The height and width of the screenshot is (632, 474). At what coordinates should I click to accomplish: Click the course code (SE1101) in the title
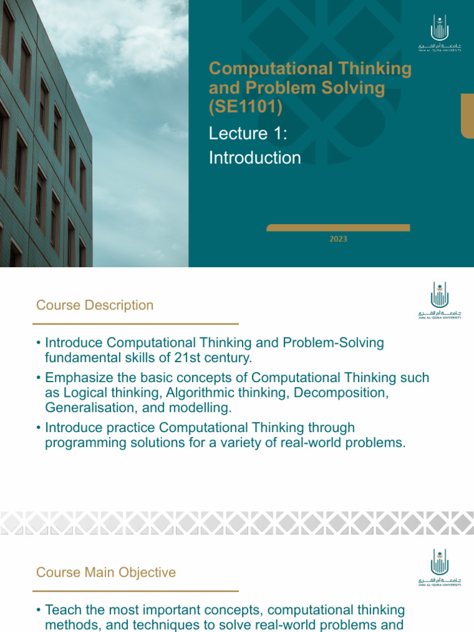tap(246, 107)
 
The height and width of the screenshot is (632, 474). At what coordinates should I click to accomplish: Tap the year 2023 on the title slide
tap(338, 239)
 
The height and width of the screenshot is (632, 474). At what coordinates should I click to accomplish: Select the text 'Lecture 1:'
tap(248, 133)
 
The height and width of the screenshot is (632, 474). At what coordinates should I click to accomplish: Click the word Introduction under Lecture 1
tap(255, 158)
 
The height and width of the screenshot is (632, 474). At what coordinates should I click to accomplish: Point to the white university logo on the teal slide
tap(439, 39)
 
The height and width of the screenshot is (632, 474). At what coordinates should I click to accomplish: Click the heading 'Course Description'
tap(94, 305)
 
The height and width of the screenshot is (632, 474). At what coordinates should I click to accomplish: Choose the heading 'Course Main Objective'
tap(106, 572)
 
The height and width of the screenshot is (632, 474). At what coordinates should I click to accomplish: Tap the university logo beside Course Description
tap(439, 301)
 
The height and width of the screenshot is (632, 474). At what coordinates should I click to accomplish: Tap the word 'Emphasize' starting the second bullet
tap(77, 378)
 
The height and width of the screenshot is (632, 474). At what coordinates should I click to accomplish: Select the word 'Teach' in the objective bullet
tap(62, 610)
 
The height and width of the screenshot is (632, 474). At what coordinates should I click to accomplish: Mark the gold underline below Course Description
tap(135, 323)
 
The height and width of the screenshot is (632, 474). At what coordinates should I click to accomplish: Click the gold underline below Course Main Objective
tap(135, 591)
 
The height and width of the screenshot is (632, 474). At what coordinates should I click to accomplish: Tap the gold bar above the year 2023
tap(338, 228)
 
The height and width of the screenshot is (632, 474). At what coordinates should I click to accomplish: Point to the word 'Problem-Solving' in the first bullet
tap(339, 342)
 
